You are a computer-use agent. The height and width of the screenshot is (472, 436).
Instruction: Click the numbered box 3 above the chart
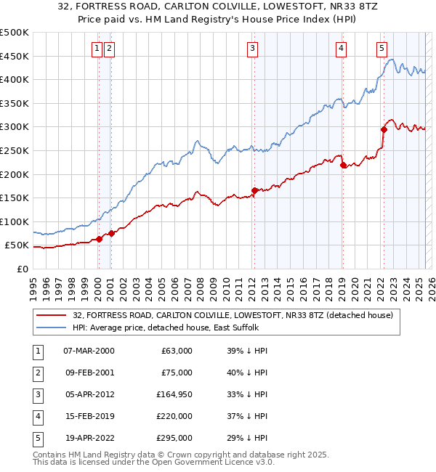point(252,49)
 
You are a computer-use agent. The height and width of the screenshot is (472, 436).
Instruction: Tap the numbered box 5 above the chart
point(381,49)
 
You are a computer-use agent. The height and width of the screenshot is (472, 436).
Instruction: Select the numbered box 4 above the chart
point(341,49)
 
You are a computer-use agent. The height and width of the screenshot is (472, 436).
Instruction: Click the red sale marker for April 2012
point(254,190)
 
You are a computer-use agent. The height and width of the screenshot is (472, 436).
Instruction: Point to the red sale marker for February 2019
point(342,164)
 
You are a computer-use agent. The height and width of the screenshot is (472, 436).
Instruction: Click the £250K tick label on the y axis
point(15,150)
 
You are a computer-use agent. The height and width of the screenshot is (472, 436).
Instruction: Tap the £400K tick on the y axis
point(15,79)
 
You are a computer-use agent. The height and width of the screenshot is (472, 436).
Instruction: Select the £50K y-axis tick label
point(17,245)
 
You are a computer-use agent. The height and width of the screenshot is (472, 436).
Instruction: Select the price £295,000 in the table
point(175,438)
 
